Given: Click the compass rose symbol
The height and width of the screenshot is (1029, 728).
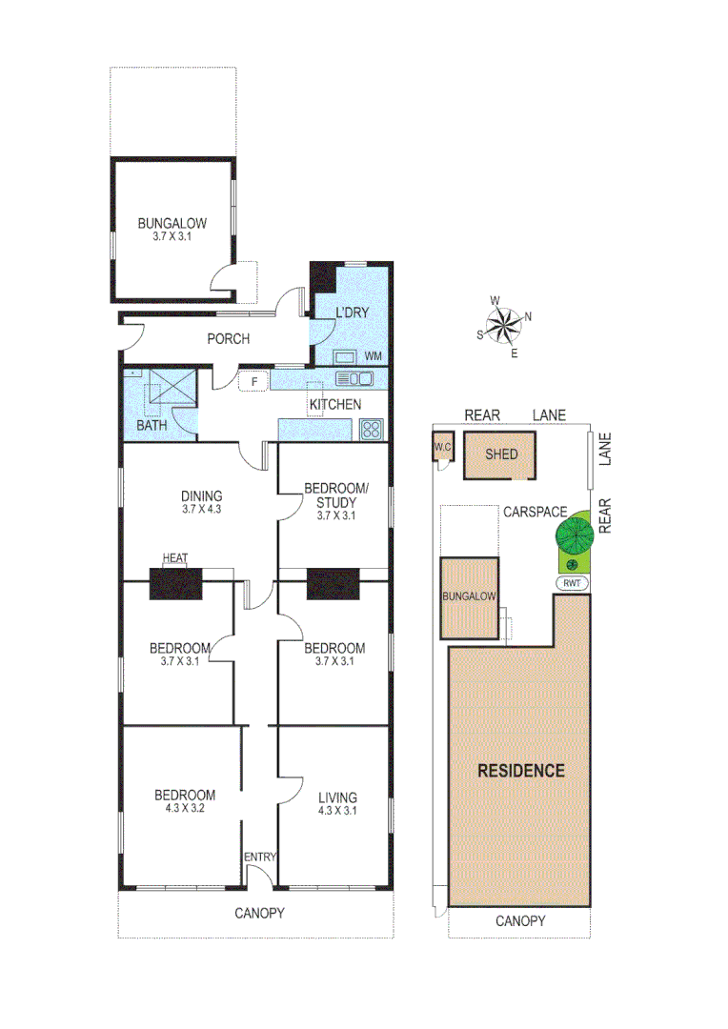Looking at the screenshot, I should [504, 326].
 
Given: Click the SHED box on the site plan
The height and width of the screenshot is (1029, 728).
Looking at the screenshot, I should [501, 454].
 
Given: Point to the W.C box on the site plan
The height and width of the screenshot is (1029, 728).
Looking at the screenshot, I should [442, 448].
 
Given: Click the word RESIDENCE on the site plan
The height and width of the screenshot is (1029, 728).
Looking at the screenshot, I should [521, 771].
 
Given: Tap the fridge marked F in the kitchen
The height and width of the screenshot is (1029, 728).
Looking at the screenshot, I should [254, 382].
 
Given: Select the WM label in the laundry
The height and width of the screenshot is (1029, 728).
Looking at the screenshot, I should [373, 356].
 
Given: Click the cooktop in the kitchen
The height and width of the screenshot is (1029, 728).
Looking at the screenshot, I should [371, 430].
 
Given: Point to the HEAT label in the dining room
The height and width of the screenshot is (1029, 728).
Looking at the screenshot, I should [174, 558].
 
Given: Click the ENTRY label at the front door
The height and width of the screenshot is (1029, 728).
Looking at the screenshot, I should [259, 857].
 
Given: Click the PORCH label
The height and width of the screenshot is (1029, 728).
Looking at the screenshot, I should [228, 338].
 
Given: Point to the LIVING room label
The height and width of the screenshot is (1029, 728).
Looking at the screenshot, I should [337, 797].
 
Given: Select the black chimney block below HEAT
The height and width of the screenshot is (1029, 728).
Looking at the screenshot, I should [176, 583].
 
